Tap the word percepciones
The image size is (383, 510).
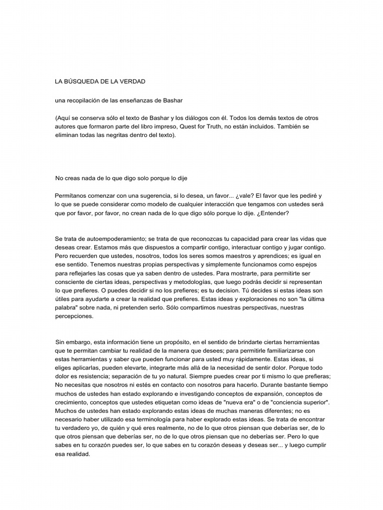(74, 316)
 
